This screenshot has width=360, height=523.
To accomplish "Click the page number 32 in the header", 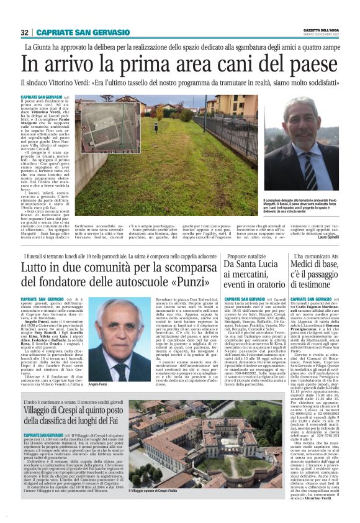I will [x=25, y=32].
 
